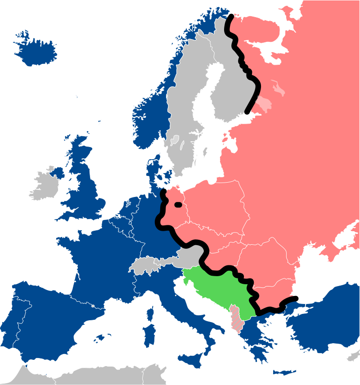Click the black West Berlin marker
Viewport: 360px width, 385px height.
pyautogui.click(x=179, y=205)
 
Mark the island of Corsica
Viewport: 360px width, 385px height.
pyautogui.click(x=150, y=312)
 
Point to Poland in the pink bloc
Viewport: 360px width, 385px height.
pyautogui.click(x=216, y=207)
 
